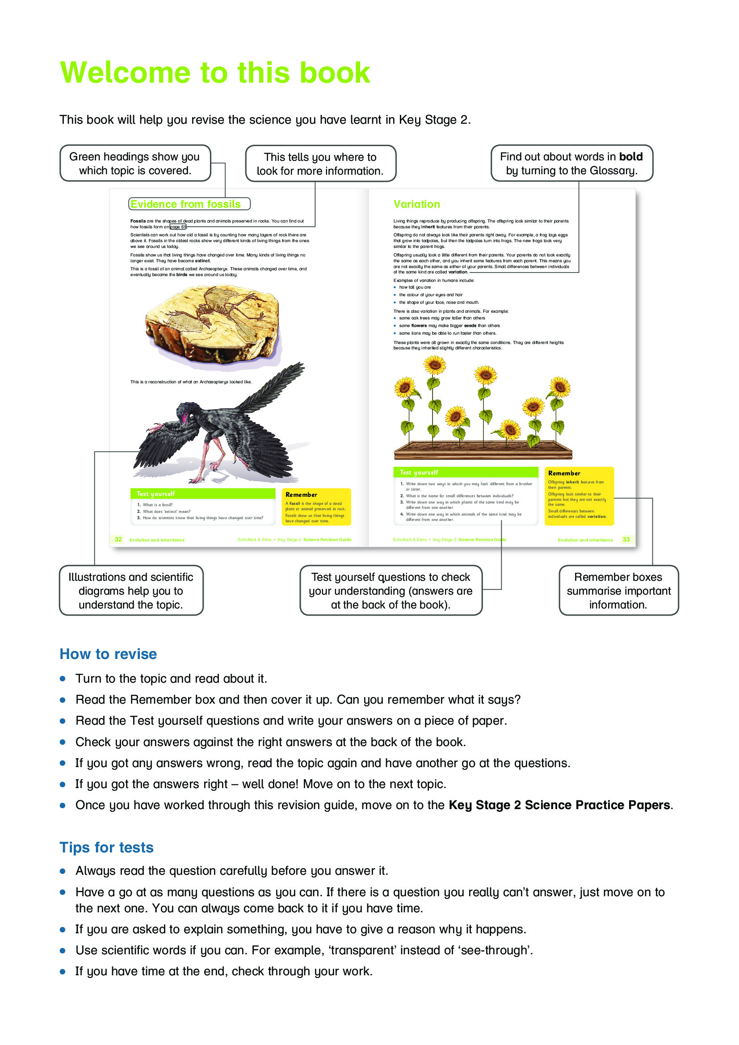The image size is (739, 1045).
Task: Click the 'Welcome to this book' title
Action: [x=215, y=73]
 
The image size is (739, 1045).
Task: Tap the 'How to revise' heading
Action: [x=108, y=654]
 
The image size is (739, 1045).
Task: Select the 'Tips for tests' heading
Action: [x=106, y=848]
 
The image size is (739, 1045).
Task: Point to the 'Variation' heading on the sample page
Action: [x=416, y=204]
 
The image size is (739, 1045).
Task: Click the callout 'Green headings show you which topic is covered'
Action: [x=134, y=164]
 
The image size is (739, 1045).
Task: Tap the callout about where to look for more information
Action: [x=320, y=164]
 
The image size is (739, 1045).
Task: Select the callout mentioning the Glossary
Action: [x=571, y=164]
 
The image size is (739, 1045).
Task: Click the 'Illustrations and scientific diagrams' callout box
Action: [x=131, y=590]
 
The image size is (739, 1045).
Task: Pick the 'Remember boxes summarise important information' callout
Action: [x=618, y=590]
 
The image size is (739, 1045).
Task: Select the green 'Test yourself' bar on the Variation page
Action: [x=465, y=472]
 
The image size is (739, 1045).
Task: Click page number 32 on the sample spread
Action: [x=118, y=539]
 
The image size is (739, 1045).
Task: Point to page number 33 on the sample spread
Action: [x=626, y=539]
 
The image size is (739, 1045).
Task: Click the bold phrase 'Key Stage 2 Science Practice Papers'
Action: [x=559, y=805]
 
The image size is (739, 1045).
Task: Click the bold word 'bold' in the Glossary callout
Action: [x=631, y=156]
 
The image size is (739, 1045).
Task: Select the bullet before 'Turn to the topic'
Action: [x=63, y=679]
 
